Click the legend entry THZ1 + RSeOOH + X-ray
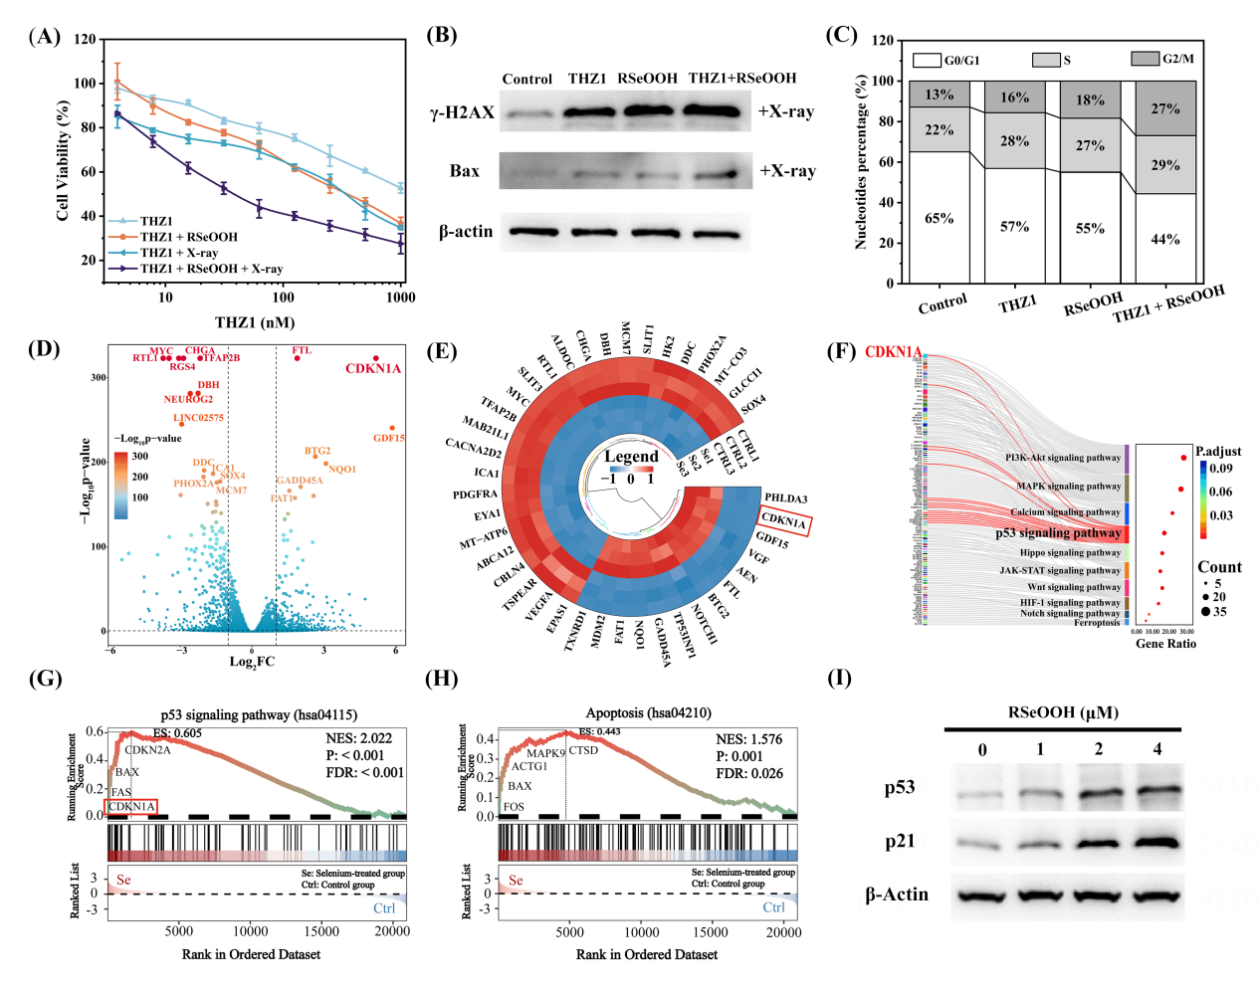click(x=211, y=269)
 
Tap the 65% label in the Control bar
click(x=940, y=219)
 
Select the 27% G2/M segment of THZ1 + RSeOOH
click(x=1165, y=108)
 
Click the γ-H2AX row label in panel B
click(x=462, y=112)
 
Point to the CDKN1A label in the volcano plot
click(x=373, y=369)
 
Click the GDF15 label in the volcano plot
click(x=389, y=438)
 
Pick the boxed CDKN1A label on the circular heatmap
click(x=784, y=521)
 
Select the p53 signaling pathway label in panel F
click(x=1058, y=533)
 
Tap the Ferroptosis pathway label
click(x=1097, y=623)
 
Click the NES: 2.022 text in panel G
click(x=359, y=738)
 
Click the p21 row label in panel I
click(x=900, y=842)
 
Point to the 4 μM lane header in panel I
click(x=1157, y=749)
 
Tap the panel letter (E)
click(x=441, y=351)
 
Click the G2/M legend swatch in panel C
click(x=1145, y=59)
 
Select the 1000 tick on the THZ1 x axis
click(x=401, y=298)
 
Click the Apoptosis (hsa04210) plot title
click(x=649, y=713)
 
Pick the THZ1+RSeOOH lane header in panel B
click(x=742, y=79)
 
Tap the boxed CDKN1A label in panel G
click(x=131, y=807)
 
